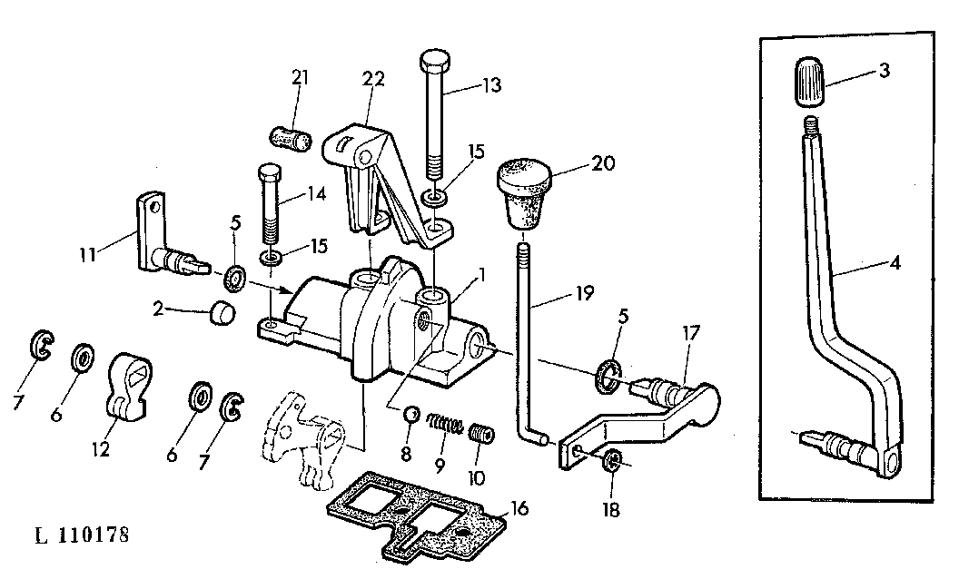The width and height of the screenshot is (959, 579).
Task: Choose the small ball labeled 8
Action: (x=411, y=415)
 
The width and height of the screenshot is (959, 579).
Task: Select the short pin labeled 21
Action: (x=287, y=138)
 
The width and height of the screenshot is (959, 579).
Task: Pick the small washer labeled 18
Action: (x=611, y=460)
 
